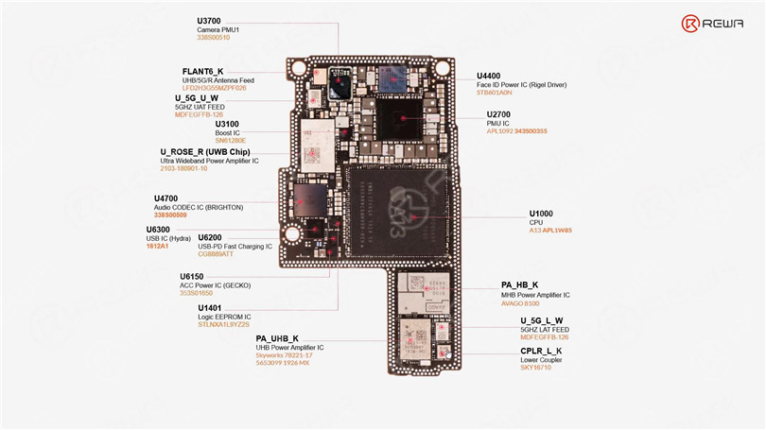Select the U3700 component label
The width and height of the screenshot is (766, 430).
point(210,20)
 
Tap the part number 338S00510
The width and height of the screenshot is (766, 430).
point(214,38)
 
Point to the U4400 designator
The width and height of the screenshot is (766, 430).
point(489,76)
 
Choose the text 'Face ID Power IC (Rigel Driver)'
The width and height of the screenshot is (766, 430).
point(521,85)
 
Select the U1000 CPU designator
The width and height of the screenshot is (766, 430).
point(541,213)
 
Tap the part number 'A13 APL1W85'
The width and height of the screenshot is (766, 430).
point(549,231)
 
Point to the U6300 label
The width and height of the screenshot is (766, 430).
point(158,230)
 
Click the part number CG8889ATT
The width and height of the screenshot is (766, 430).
point(217,254)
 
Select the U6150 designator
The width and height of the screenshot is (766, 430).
point(193,277)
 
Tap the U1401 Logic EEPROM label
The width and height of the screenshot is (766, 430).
point(210,308)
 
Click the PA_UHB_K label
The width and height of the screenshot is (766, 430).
point(277,338)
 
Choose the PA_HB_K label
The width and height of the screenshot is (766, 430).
point(519,285)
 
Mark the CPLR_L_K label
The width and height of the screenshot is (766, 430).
point(541,352)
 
